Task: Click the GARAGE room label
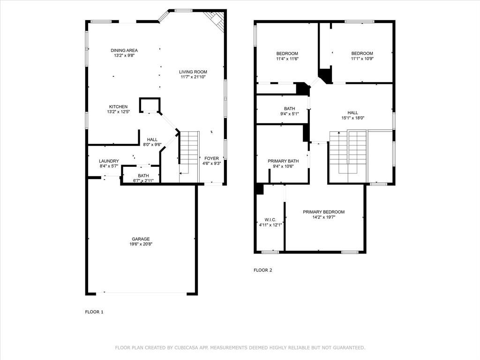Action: [x=140, y=239]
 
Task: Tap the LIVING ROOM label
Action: [x=193, y=72]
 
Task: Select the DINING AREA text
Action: [x=124, y=50]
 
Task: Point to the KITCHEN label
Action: [x=118, y=106]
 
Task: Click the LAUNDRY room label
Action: [x=109, y=161]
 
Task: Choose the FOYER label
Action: [x=211, y=158]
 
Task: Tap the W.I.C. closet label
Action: [x=270, y=220]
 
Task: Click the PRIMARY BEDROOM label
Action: [x=323, y=212]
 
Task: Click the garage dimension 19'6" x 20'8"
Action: [x=141, y=244]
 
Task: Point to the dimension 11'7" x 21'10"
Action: [x=193, y=77]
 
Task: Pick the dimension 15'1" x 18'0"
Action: [x=352, y=118]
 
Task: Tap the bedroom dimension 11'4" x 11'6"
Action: [x=287, y=59]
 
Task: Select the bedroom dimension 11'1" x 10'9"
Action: [x=362, y=59]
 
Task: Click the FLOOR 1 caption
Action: [x=94, y=312]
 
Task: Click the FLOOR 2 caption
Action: [x=262, y=270]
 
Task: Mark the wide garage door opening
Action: [x=145, y=293]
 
